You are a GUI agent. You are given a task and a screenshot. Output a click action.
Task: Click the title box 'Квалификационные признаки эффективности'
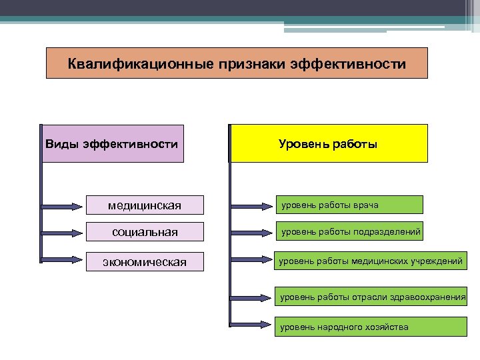[x=237, y=63]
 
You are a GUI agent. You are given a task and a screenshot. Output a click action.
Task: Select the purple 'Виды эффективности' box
[x=112, y=143]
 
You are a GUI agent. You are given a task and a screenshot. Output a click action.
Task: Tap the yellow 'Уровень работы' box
[x=328, y=143]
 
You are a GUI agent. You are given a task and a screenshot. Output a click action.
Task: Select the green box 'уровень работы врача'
[x=350, y=205]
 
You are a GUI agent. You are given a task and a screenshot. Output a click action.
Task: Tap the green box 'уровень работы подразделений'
[x=350, y=232]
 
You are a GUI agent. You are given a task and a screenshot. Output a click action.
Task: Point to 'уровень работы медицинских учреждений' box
[x=370, y=261]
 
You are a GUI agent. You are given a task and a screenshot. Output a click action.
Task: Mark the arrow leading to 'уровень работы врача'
[x=253, y=205]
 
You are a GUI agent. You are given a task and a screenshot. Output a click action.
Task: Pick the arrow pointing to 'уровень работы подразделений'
[x=253, y=232]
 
